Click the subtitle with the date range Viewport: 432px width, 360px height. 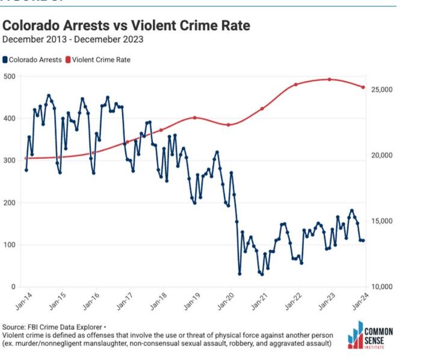(x=73, y=40)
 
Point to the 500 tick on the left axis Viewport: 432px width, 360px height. (x=9, y=76)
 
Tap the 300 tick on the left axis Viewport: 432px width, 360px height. (x=9, y=160)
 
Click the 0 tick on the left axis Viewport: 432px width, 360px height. (x=13, y=287)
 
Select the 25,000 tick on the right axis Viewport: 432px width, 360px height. (x=381, y=90)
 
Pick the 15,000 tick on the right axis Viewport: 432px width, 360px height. (x=381, y=221)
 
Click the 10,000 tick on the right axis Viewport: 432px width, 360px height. (x=381, y=287)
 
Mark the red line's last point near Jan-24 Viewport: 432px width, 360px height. (x=363, y=87)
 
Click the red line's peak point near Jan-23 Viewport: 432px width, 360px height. (x=330, y=79)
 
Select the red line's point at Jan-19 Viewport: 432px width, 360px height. (x=194, y=117)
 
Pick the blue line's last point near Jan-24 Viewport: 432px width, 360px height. (x=363, y=241)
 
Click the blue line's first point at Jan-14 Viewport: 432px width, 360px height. (x=26, y=170)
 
